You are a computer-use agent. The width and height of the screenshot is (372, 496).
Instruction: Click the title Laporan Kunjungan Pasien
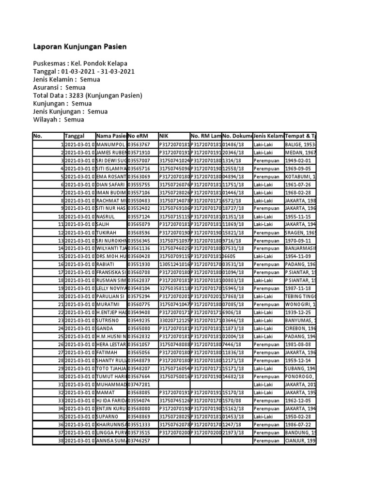[80, 47]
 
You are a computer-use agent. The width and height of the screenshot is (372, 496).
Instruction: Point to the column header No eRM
[138, 136]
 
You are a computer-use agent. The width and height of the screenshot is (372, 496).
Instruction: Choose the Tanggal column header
[75, 136]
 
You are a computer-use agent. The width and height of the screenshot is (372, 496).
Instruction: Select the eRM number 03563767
[139, 144]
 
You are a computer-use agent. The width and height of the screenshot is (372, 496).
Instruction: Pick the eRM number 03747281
[139, 384]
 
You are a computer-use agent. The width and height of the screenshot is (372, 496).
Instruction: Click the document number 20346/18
[236, 153]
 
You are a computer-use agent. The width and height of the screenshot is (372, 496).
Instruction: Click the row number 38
[61, 440]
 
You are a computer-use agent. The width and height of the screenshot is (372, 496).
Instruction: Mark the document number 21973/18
[236, 432]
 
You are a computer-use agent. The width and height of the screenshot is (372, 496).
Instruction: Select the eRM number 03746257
[139, 440]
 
